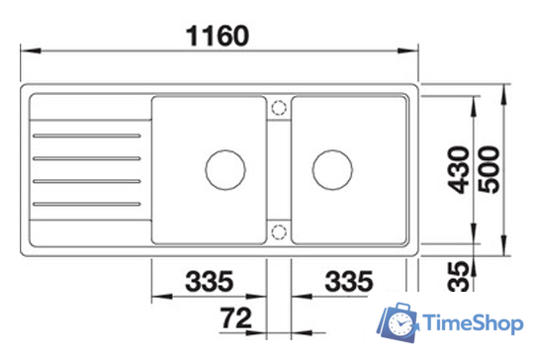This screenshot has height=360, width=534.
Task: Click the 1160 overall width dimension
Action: pyautogui.click(x=218, y=36)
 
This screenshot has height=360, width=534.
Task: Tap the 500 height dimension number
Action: pyautogui.click(x=489, y=169)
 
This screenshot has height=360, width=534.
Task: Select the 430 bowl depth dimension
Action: pyautogui.click(x=459, y=169)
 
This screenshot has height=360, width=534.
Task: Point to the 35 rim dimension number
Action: pyautogui.click(x=459, y=276)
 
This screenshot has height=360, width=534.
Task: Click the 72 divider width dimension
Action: pyautogui.click(x=236, y=317)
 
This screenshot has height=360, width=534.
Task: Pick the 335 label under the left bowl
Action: pyautogui.click(x=209, y=281)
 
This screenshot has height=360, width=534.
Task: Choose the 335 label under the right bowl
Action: pyautogui.click(x=349, y=281)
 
